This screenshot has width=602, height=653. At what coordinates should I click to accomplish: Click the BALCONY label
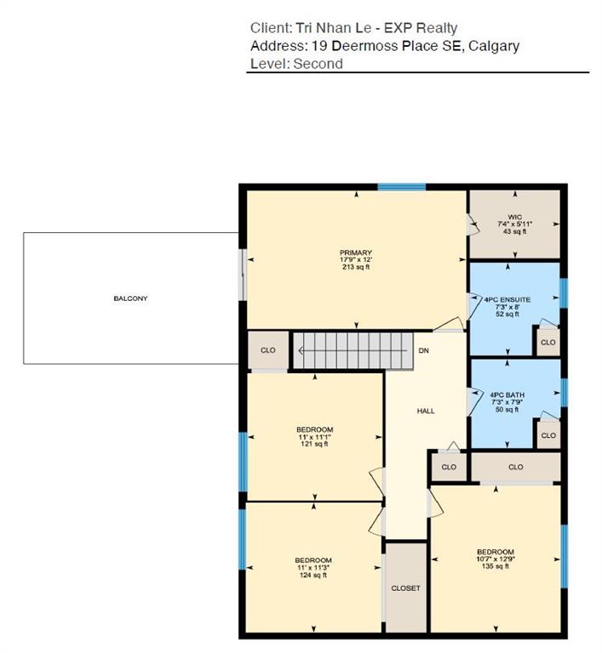(130, 298)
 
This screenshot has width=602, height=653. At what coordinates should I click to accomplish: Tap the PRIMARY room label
(356, 253)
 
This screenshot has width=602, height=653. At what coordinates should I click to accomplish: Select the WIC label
(513, 217)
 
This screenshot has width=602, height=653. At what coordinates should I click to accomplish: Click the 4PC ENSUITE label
(513, 298)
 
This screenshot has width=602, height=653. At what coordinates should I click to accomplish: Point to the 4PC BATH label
(513, 395)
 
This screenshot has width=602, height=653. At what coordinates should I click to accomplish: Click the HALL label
(426, 412)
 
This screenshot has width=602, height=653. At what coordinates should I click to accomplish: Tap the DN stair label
(424, 350)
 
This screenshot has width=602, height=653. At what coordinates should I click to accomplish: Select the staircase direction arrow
(302, 350)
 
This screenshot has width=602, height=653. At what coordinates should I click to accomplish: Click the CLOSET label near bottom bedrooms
(406, 588)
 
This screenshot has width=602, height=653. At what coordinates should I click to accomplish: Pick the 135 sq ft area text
(496, 566)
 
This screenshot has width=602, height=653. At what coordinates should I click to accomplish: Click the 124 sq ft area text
(313, 575)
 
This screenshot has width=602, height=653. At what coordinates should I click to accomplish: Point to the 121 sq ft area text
(314, 444)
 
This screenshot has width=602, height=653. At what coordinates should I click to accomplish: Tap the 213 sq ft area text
(356, 267)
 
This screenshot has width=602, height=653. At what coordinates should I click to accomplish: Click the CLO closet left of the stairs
(268, 350)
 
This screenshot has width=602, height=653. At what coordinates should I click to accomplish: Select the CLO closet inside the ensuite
(548, 343)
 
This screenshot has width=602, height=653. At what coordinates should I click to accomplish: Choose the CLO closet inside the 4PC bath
(548, 435)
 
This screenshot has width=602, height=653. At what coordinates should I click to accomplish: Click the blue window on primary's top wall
(402, 187)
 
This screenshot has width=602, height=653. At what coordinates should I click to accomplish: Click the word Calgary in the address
(493, 46)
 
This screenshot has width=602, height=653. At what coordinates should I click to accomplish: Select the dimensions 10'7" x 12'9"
(496, 559)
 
